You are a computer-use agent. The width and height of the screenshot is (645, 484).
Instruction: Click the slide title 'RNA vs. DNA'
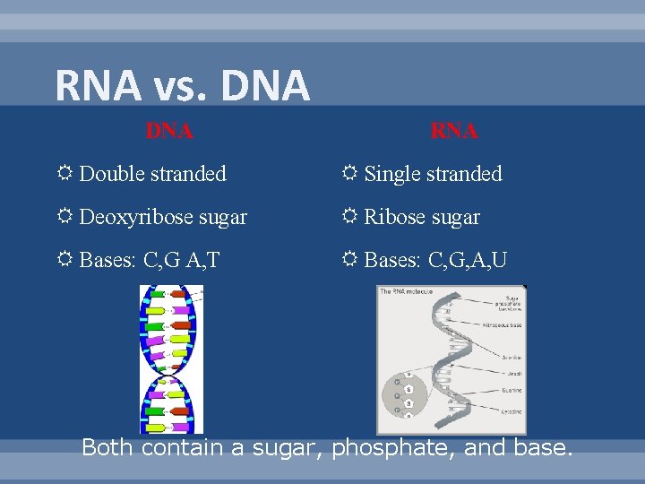point(182,86)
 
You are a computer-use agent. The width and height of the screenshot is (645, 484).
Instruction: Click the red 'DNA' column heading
point(169,131)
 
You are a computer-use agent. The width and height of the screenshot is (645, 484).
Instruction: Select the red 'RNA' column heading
point(454,131)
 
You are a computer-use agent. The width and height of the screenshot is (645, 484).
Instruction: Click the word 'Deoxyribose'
point(133,217)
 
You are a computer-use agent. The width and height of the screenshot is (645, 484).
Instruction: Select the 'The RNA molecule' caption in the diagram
point(408,291)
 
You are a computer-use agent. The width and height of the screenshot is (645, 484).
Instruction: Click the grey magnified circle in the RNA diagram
point(408,394)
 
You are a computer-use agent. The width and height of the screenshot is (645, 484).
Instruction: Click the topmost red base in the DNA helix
point(178,292)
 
